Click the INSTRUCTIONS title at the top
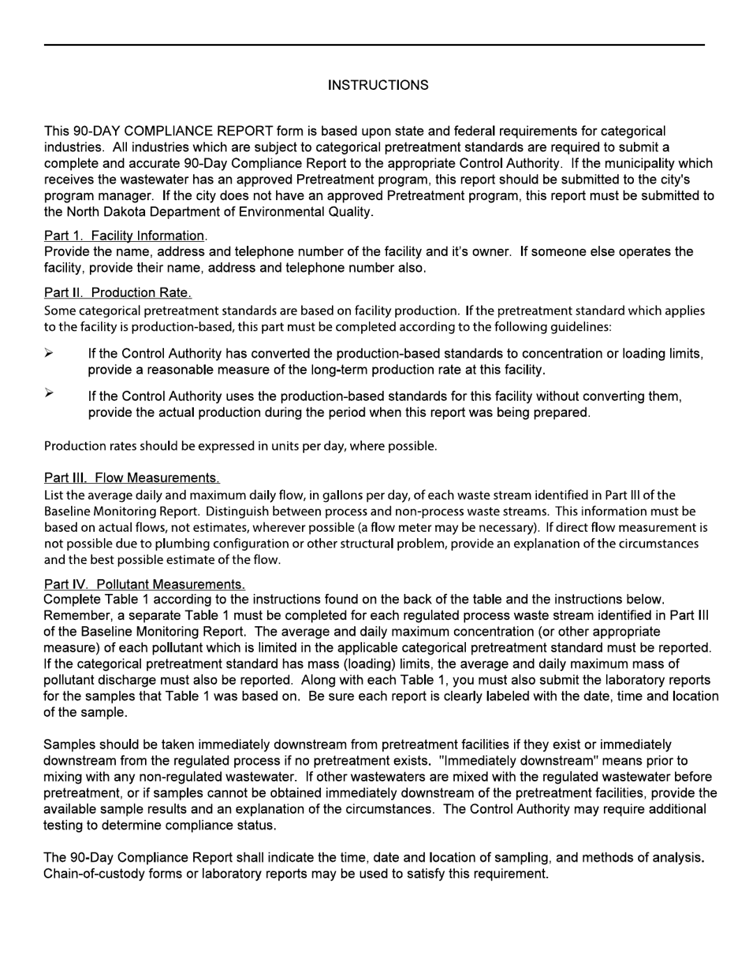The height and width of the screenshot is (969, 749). point(378,85)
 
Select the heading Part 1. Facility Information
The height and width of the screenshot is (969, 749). point(125,236)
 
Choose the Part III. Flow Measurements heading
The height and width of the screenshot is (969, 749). point(132,478)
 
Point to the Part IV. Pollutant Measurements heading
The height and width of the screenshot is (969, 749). point(144,585)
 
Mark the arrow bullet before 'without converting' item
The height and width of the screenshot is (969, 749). point(49,393)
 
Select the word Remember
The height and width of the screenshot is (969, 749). point(76,616)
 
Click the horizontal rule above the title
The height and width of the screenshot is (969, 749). point(374,45)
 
